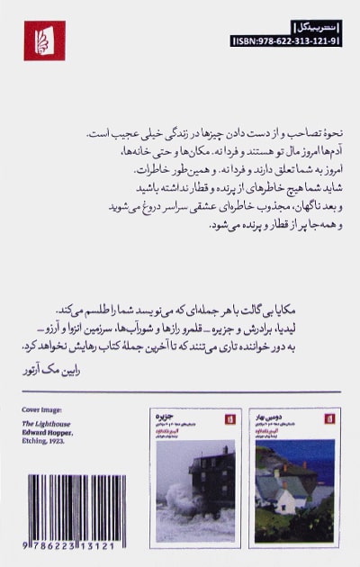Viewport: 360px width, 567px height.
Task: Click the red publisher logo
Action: pyautogui.click(x=44, y=40)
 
